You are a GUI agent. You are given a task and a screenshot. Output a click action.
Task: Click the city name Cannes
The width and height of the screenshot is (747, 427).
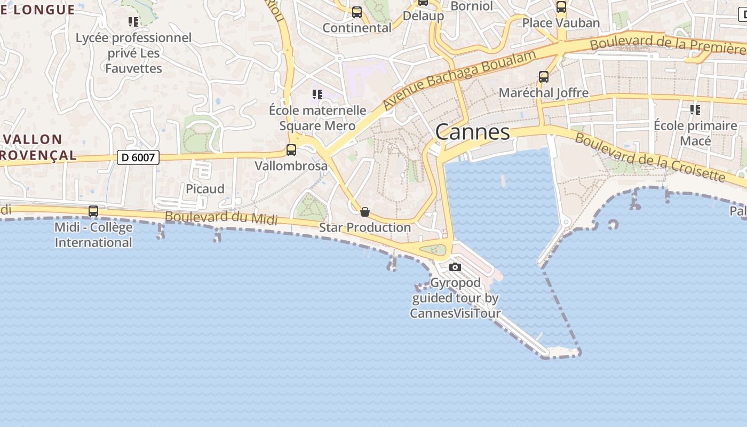coord(473,132)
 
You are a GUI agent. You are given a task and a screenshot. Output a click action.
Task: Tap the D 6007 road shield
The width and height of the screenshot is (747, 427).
coord(138,157)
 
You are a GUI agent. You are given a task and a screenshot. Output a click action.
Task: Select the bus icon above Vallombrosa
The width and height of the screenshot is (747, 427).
coord(291,150)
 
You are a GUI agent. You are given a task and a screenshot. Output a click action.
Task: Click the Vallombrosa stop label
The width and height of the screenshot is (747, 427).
coord(291,166)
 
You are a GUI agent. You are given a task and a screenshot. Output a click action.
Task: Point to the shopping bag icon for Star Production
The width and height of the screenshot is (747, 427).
coord(365,212)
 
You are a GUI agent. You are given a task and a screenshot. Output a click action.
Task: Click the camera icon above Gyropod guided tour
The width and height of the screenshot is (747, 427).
coord(455,267)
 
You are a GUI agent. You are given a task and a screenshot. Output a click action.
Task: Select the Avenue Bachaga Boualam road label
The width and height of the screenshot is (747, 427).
coord(459,80)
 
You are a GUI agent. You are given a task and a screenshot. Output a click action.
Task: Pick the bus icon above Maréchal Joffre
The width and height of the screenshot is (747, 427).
coord(544,77)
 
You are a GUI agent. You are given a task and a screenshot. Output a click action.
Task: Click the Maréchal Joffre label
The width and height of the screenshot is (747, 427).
coord(544,93)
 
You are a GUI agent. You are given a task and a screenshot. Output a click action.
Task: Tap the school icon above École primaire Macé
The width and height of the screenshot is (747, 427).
coord(695,110)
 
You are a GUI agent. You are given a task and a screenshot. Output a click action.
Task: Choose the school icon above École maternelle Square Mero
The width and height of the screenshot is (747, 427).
coord(317,95)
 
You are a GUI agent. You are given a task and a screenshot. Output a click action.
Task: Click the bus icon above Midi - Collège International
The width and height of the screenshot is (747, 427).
coord(93,211)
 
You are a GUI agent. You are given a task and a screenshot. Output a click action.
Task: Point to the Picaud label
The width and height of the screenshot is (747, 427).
coord(205,189)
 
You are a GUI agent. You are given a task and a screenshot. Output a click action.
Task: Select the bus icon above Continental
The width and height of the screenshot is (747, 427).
coord(357,12)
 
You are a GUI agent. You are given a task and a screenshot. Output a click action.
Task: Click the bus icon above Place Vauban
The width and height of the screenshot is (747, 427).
coord(561,7)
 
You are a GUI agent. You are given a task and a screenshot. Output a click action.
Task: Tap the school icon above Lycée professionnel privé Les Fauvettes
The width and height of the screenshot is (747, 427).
coord(133,22)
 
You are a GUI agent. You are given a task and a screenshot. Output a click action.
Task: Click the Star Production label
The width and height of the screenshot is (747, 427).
coord(365,227)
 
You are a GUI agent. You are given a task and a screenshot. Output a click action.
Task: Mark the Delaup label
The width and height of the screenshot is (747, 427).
coord(423,16)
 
